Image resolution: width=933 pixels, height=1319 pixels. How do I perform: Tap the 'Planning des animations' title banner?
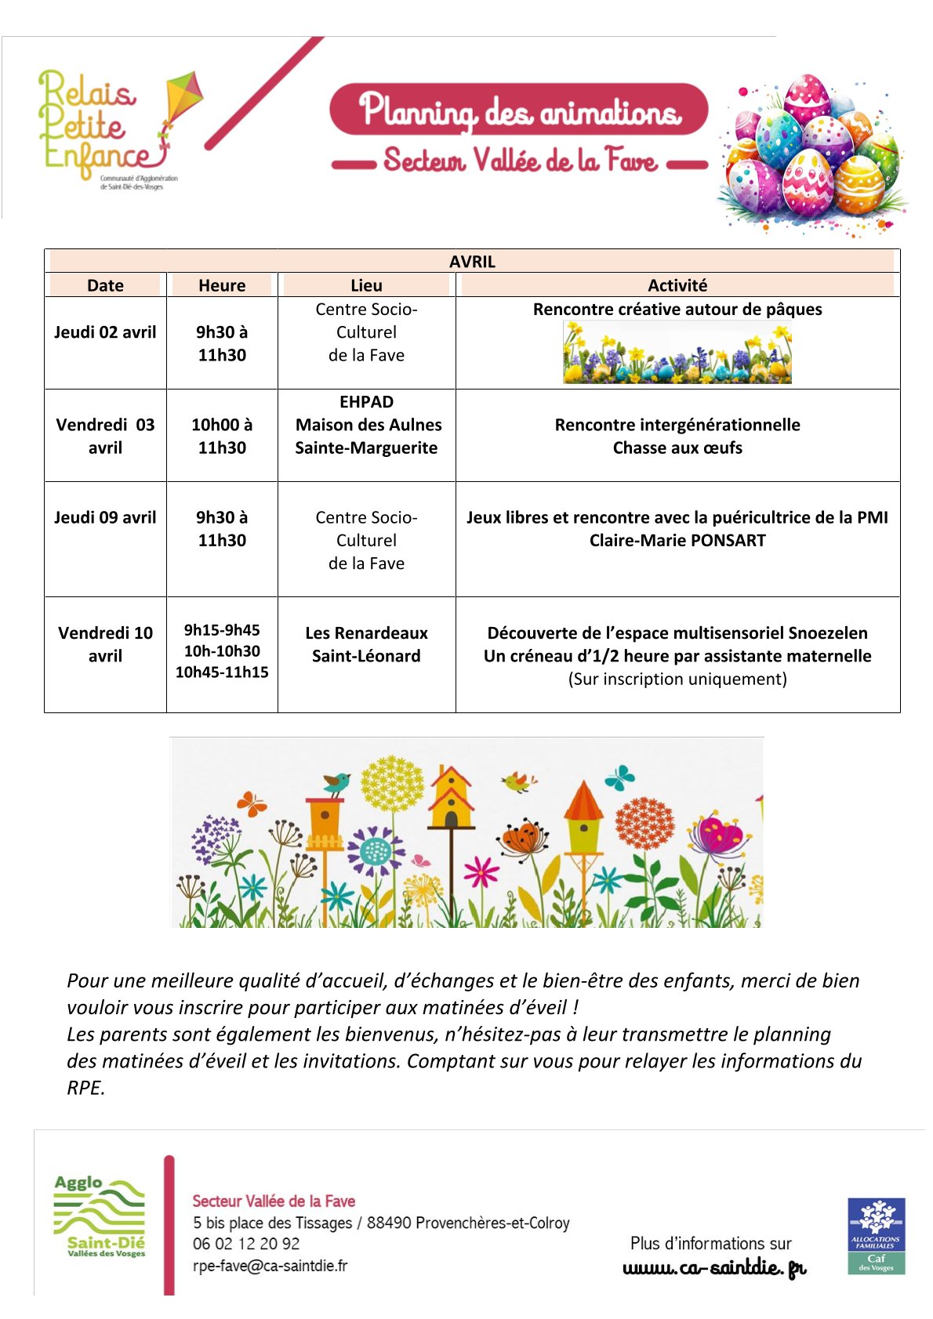[x=519, y=111]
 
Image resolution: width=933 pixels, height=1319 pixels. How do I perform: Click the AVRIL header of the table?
[x=472, y=262]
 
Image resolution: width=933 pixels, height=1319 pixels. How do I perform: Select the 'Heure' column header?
[x=222, y=285]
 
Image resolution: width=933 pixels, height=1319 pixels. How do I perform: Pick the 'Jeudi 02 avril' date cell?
[x=105, y=332]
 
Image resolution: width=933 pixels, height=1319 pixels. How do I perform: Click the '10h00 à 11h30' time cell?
[x=222, y=436]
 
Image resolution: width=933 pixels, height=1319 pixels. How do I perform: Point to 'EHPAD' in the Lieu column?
[x=366, y=402]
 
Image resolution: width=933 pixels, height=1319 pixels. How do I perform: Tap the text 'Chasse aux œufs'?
[x=677, y=448]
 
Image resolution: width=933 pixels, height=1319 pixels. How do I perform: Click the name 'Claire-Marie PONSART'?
[x=677, y=541]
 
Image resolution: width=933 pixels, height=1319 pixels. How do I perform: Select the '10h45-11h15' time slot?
[x=222, y=672]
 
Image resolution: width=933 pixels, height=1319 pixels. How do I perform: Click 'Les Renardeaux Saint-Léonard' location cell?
[x=366, y=644]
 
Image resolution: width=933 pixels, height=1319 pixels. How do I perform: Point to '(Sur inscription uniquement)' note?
[x=677, y=679]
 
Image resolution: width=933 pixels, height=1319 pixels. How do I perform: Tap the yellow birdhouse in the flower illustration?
[x=451, y=799]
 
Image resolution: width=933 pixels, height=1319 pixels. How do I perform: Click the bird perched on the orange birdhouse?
[x=337, y=782]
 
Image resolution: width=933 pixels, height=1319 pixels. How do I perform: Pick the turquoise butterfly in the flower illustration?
[x=619, y=777]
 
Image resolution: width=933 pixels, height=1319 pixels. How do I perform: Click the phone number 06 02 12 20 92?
[x=246, y=1244]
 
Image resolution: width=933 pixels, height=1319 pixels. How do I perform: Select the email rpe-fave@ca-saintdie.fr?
[x=270, y=1266]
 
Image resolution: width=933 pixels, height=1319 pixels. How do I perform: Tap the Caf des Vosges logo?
[x=876, y=1235]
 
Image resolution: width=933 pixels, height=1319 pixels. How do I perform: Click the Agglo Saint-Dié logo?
[x=99, y=1217]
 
